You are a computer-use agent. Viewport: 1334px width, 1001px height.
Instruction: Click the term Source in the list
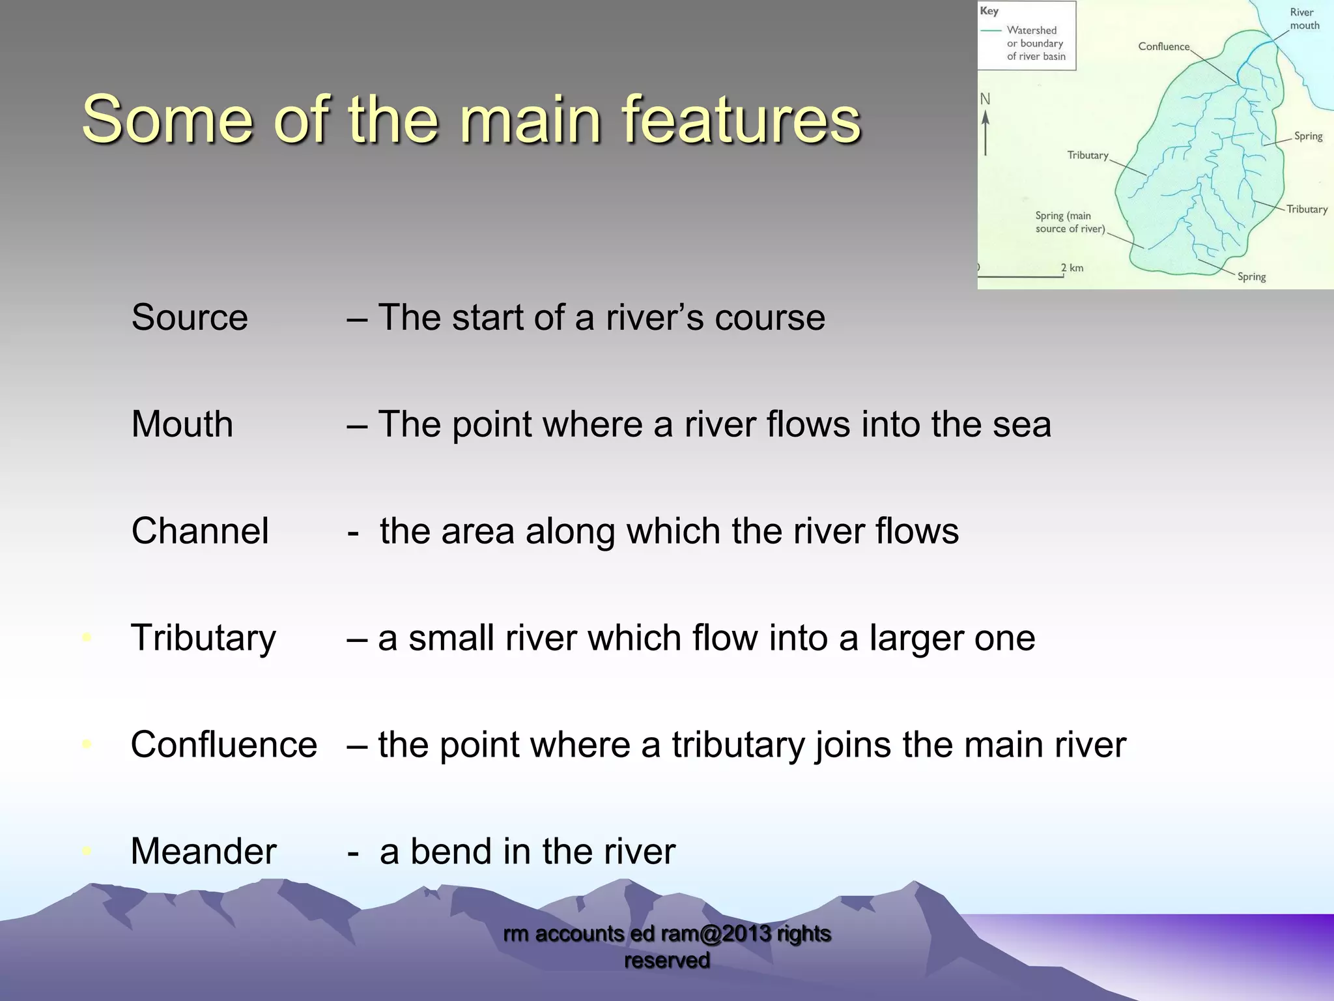(x=190, y=318)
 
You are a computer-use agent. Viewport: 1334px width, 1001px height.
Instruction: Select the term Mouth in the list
(x=182, y=424)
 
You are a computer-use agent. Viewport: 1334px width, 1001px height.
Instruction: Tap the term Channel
(x=200, y=531)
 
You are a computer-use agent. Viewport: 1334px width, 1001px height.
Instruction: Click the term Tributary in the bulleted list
(x=203, y=638)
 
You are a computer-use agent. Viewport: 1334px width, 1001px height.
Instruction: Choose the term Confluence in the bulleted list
(x=223, y=745)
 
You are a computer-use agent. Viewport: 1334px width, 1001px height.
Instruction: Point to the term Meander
(x=203, y=852)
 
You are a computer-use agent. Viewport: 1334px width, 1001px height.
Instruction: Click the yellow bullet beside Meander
(x=87, y=851)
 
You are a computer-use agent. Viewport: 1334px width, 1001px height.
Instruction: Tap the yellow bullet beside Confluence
(x=87, y=744)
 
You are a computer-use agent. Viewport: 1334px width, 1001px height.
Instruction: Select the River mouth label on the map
(x=1304, y=19)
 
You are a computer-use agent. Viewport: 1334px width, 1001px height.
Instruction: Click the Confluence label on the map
(x=1163, y=46)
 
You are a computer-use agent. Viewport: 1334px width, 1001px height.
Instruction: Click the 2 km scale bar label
(x=1071, y=268)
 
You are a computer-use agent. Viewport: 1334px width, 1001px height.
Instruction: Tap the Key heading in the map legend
(x=989, y=11)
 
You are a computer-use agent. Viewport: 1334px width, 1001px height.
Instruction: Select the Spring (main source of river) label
(x=1070, y=222)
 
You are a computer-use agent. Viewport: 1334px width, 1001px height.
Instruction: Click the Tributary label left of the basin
(x=1087, y=155)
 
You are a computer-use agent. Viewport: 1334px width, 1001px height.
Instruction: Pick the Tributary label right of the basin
(x=1307, y=209)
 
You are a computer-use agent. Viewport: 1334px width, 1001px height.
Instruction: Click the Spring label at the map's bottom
(x=1251, y=277)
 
